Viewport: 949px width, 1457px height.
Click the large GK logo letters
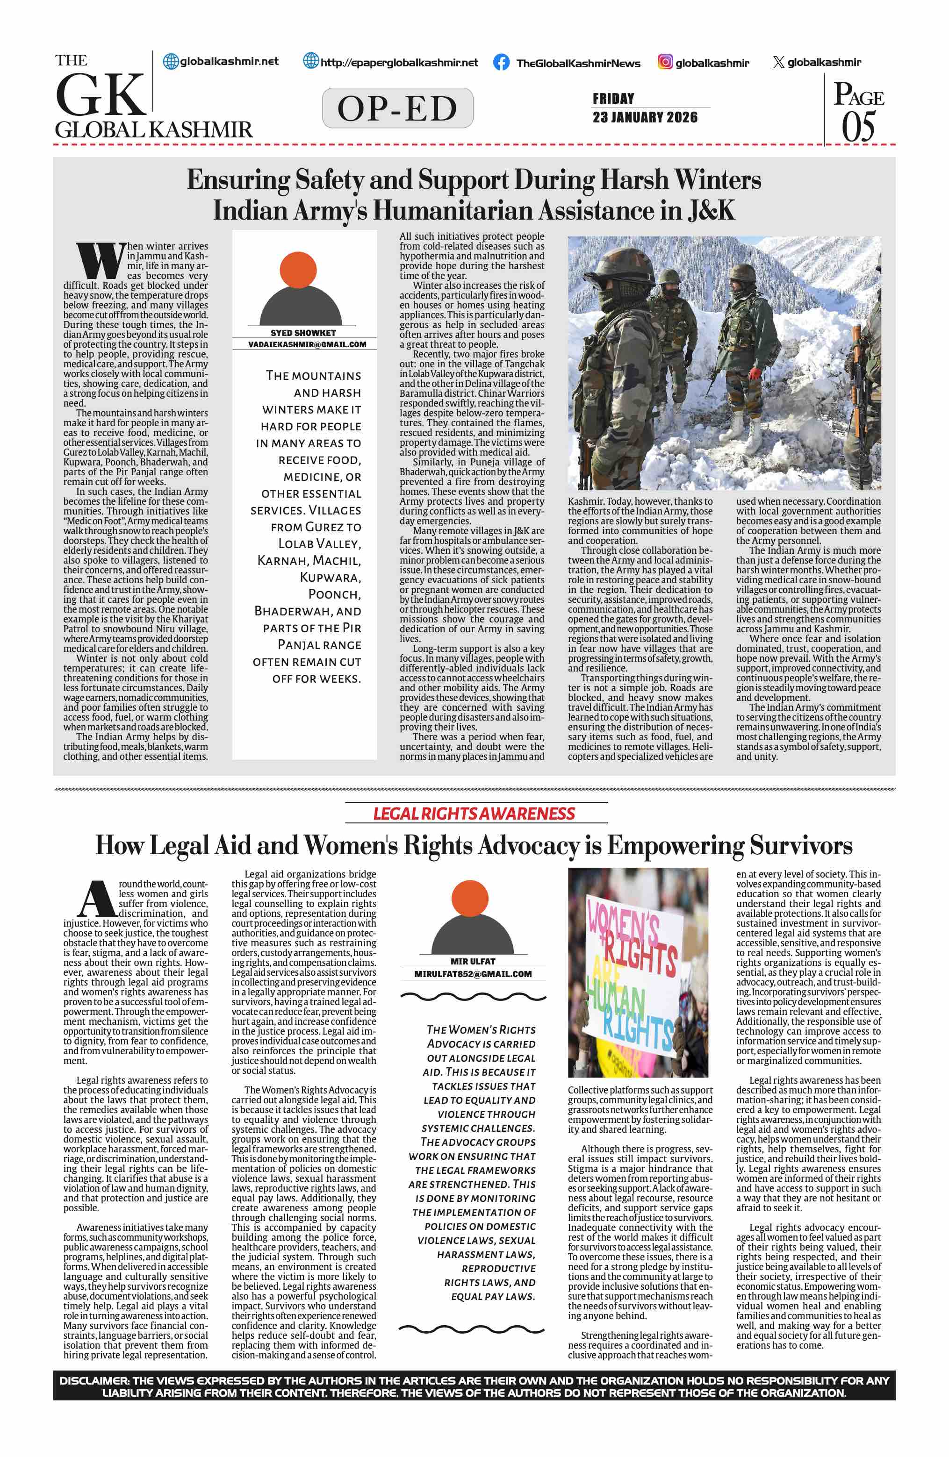point(101,95)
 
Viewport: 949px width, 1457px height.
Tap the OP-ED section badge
point(397,108)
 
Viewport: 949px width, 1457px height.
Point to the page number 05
point(858,127)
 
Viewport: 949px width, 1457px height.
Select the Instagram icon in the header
point(665,62)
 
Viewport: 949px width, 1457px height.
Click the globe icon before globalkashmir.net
point(171,61)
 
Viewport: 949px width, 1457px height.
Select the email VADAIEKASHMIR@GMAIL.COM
point(307,345)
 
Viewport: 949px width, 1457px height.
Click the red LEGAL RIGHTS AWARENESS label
point(474,814)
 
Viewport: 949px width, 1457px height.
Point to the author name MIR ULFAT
point(473,962)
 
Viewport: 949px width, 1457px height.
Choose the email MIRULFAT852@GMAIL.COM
point(473,974)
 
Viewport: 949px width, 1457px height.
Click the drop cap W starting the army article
point(100,261)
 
